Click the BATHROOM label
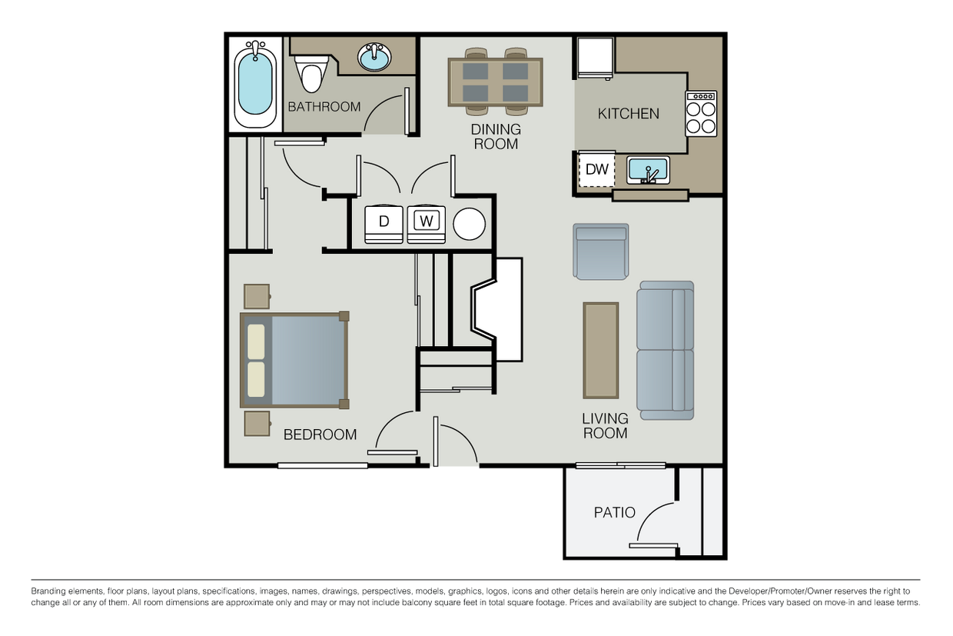click(324, 107)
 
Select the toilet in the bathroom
click(311, 73)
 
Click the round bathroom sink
click(374, 57)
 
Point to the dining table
click(495, 82)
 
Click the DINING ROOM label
click(496, 136)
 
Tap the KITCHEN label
click(628, 114)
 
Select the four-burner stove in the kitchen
click(701, 114)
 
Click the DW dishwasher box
click(597, 170)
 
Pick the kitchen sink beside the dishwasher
click(648, 169)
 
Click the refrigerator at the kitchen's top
click(596, 58)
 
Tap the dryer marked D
click(384, 223)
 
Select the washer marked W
click(427, 223)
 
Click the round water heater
click(469, 225)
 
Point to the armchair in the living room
click(600, 251)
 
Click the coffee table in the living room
click(600, 350)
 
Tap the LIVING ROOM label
click(605, 425)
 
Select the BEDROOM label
click(320, 435)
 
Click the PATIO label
click(614, 512)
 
